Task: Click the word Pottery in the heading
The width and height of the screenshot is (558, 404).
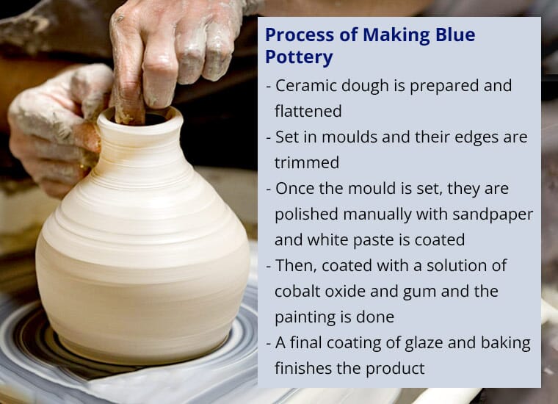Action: (x=299, y=57)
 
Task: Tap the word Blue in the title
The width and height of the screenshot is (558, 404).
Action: (x=455, y=35)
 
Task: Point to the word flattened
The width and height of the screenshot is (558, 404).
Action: (x=308, y=111)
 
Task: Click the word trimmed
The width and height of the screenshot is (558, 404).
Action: (x=307, y=162)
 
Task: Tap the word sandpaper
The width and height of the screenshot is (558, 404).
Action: (x=493, y=215)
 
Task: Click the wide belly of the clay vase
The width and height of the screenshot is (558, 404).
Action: (x=142, y=267)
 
